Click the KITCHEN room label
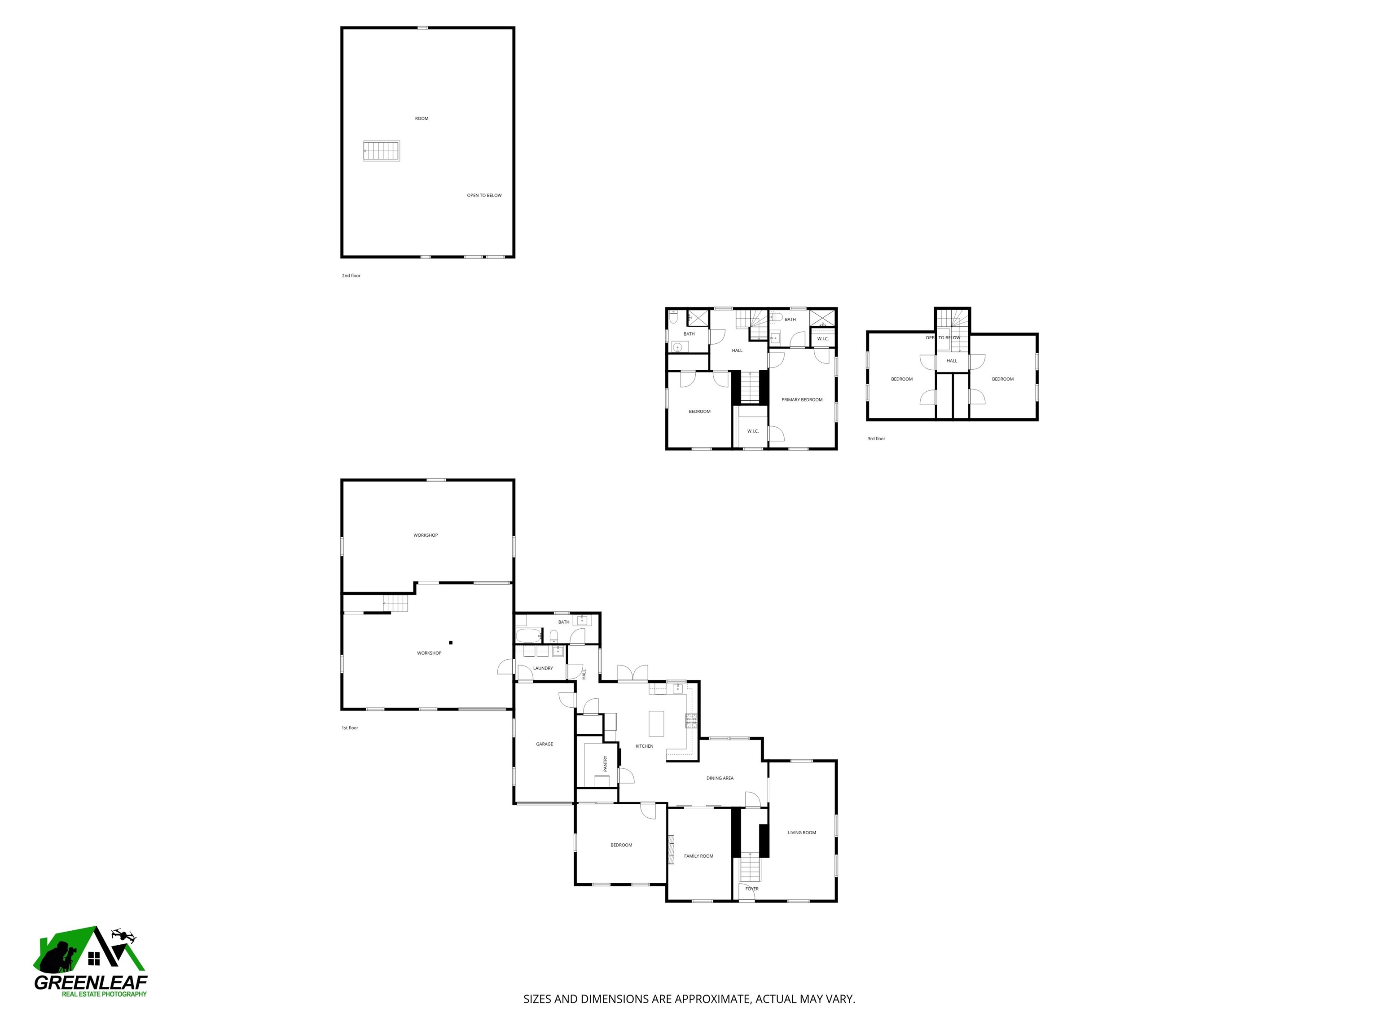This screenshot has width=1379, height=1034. pos(644,746)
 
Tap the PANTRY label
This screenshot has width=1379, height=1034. pos(605,763)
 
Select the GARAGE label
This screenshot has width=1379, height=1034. pos(544,744)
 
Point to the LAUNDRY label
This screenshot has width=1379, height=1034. pos(542,668)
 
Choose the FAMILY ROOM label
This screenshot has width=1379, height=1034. pos(698,856)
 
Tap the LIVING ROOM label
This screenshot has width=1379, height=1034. pos(801,832)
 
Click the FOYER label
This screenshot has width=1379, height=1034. pos(752,889)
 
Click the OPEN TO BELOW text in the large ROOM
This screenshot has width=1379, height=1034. pos(484,196)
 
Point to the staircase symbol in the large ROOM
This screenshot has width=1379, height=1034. pos(381,151)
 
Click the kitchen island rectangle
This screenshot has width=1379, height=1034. pos(656,723)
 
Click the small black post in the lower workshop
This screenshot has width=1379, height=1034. pos(451,643)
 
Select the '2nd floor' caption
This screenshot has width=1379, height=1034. pos(351,276)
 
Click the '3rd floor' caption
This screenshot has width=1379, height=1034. pos(876,439)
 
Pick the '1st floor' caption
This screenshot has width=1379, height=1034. pos(350,728)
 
